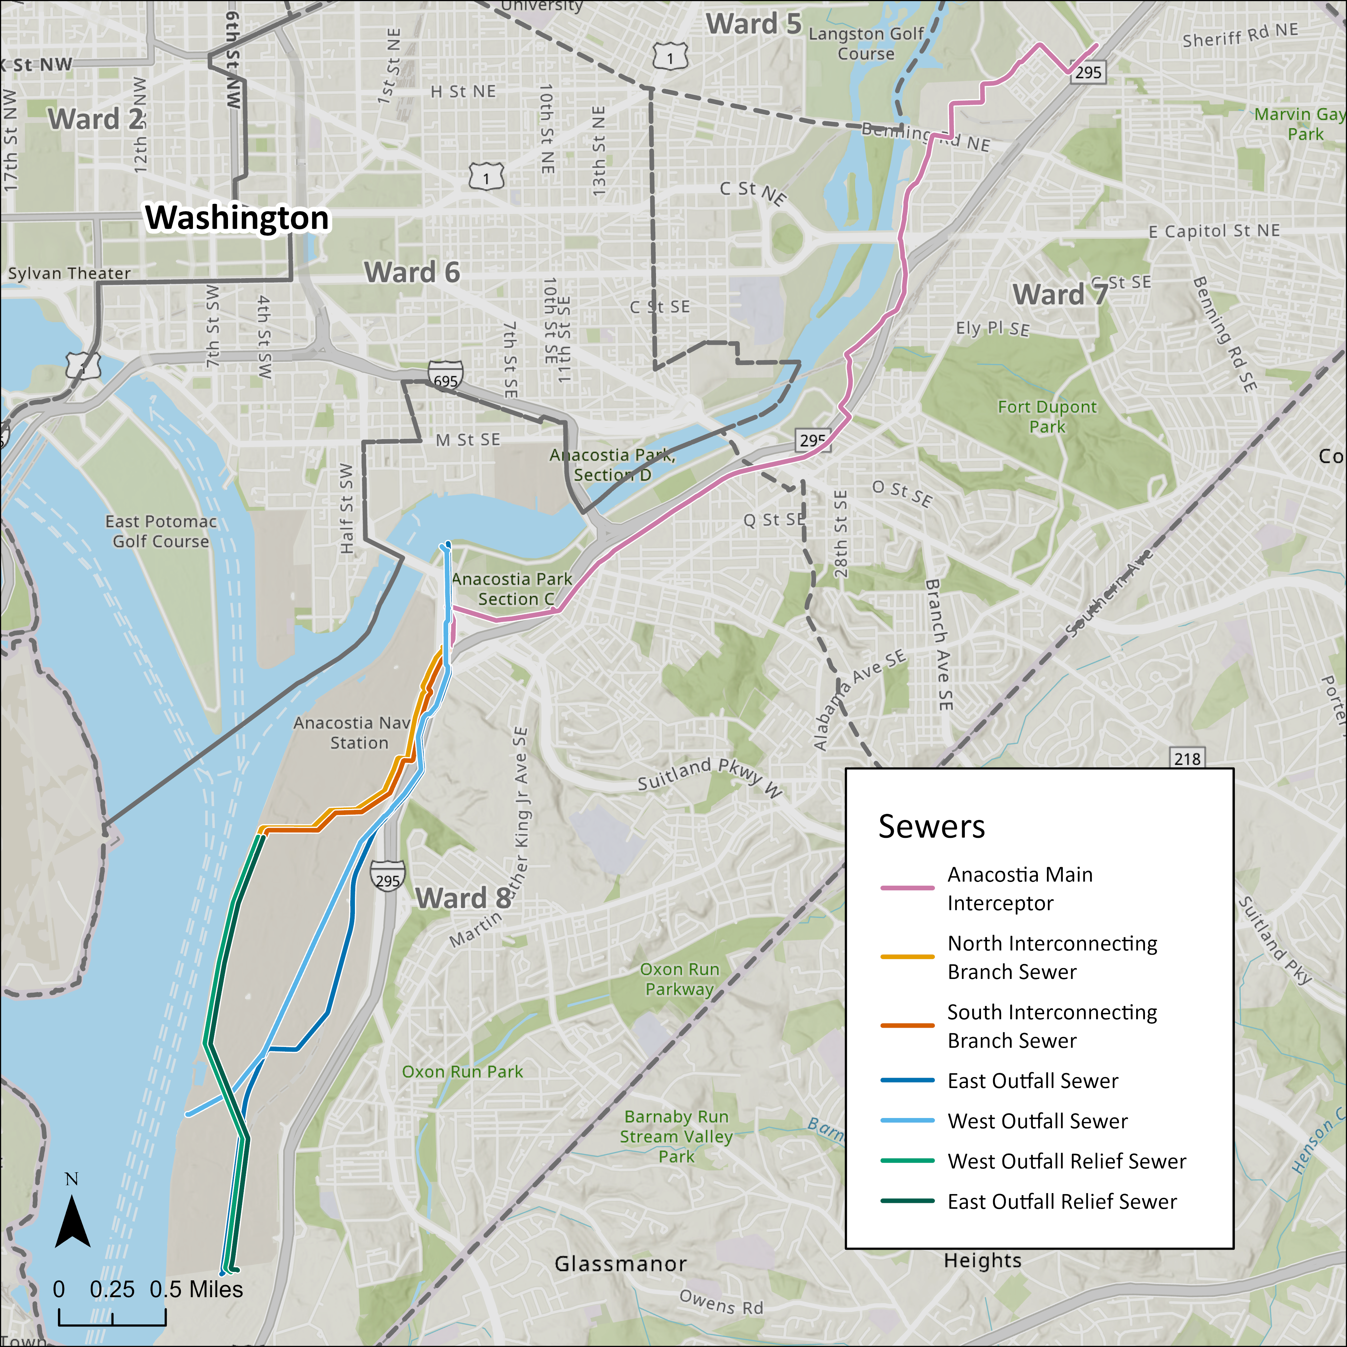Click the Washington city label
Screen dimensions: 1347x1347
click(237, 218)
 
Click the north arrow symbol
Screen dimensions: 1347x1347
click(72, 1221)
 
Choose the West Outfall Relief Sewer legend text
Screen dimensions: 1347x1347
click(1066, 1161)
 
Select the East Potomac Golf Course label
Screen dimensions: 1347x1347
click(161, 531)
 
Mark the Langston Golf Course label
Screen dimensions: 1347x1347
click(866, 43)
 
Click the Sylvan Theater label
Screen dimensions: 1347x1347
click(69, 273)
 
